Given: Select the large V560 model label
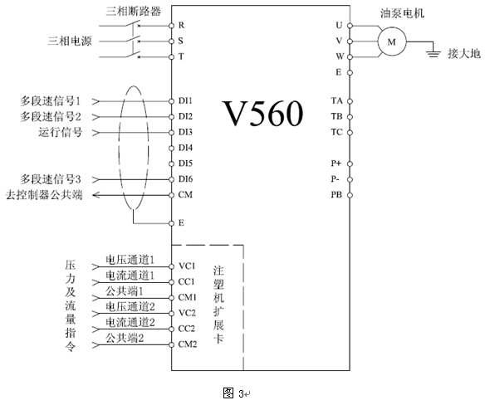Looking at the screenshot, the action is click(262, 113).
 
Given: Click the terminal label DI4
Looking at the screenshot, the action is click(185, 148).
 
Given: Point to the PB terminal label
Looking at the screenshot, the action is click(336, 195).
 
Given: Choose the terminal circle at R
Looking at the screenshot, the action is click(171, 26).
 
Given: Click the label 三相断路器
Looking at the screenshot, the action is click(134, 11).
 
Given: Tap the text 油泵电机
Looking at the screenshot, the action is click(402, 13).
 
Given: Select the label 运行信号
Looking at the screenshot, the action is click(61, 132).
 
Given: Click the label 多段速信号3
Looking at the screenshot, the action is click(51, 179).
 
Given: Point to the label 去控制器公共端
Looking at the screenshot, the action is click(44, 195).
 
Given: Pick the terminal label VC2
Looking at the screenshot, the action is click(187, 313).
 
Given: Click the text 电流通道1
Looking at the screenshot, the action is click(130, 276).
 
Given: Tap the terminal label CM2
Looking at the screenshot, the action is click(188, 344).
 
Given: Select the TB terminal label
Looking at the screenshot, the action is click(337, 116).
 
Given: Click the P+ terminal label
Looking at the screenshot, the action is click(336, 163).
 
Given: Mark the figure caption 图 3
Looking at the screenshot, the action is click(233, 393).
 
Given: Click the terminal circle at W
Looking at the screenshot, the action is click(350, 57).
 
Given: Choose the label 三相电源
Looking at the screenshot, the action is click(70, 41).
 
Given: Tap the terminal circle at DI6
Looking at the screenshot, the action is click(171, 179).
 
